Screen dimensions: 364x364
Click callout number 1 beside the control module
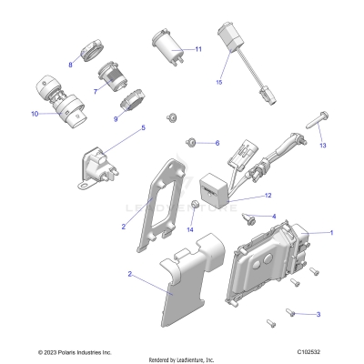331,233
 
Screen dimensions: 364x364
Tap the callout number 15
218,82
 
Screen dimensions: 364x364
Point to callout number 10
35,115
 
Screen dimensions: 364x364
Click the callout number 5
142,128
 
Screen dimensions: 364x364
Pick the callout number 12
268,196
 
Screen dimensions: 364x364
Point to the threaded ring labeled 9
130,97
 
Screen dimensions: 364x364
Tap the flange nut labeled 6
192,142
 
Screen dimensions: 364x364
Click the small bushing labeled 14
195,202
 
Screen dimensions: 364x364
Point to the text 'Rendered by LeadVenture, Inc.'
181,359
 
